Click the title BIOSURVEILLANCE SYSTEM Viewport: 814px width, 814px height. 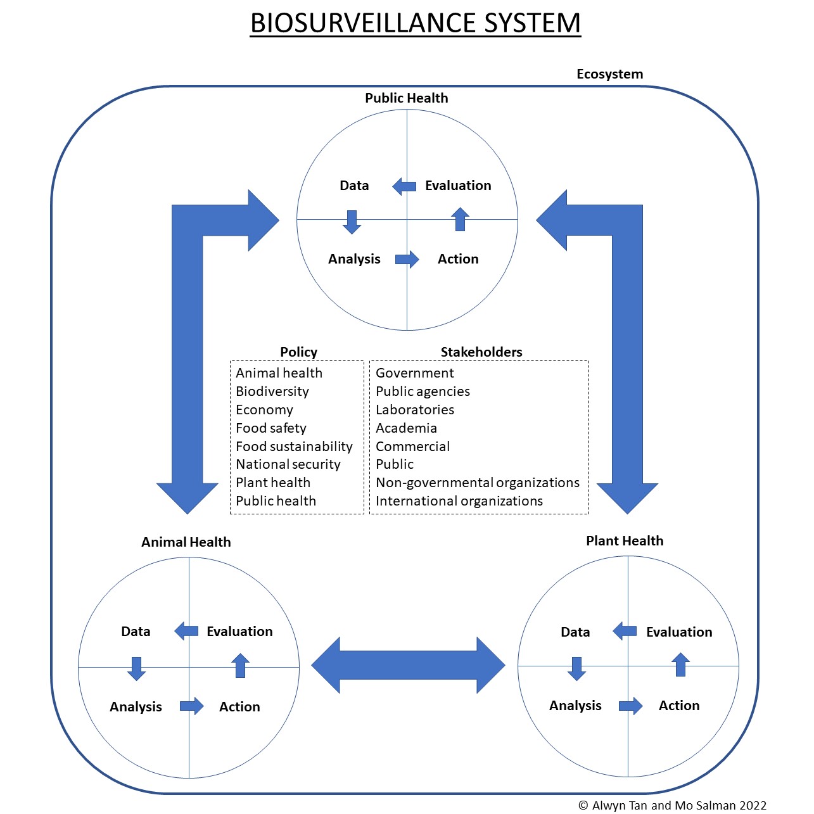coord(415,23)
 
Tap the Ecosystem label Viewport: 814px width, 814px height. coord(609,74)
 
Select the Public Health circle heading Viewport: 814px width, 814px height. coord(406,98)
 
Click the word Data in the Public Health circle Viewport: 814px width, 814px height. coord(354,186)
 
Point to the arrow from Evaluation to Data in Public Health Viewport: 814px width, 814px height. coord(404,186)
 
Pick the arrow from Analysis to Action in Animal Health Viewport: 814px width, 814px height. coord(191,706)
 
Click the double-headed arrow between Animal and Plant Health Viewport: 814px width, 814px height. coord(408,665)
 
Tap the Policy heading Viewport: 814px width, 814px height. coord(298,352)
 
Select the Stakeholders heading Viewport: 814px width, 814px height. coord(481,352)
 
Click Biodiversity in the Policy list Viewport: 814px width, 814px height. coord(272,391)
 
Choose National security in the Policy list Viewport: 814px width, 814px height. coord(288,464)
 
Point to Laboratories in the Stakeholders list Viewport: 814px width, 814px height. coord(415,410)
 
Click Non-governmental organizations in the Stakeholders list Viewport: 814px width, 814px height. coord(478,483)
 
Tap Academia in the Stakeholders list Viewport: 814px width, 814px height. coord(406,428)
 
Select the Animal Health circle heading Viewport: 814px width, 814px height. coord(186,542)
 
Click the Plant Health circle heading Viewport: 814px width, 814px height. coord(625,541)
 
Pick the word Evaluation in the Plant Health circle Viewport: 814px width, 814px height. coord(679,632)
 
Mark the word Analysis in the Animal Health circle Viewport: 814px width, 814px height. coord(136,707)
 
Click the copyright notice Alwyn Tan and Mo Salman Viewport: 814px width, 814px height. coord(672,806)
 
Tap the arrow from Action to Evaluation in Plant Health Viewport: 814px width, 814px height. coord(680,665)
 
